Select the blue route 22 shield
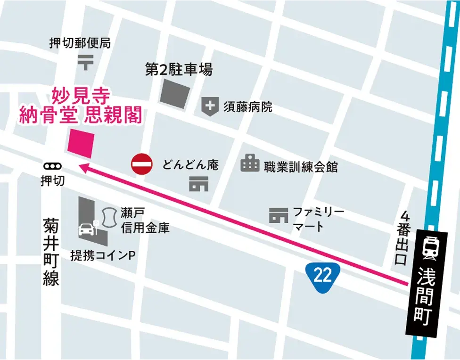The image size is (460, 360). (323, 275)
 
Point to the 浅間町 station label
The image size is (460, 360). (430, 296)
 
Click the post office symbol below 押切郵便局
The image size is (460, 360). (85, 61)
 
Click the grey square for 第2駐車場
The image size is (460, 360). (175, 93)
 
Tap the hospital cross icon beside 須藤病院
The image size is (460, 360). (209, 106)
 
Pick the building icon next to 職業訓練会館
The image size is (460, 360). (250, 164)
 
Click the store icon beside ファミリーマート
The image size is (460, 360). (279, 216)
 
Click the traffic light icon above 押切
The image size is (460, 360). (52, 166)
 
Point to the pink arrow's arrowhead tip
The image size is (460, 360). (79, 164)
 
